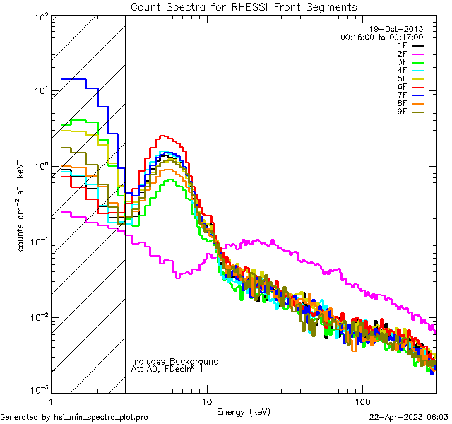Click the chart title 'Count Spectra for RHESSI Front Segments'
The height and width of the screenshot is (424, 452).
pos(244,6)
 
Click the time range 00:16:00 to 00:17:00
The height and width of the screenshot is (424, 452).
pos(381,37)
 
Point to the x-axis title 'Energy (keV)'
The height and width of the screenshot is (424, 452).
pos(242,411)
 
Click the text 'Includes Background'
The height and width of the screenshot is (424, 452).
pos(175,361)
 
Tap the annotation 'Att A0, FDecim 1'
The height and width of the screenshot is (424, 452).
pos(167,369)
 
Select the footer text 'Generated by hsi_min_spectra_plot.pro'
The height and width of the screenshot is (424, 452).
pos(74,417)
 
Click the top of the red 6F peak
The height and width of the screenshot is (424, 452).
pos(163,136)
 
